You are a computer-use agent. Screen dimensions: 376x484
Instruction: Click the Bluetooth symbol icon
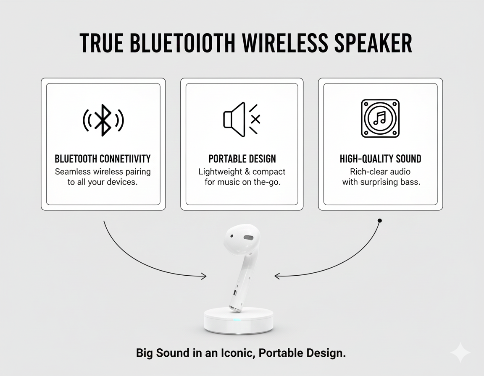(103, 120)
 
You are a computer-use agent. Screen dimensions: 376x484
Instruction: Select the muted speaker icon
(242, 120)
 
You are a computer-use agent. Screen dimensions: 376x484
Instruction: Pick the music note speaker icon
(380, 118)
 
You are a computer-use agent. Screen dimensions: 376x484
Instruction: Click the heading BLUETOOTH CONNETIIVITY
(103, 159)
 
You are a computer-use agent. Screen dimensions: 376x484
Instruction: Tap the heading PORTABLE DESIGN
(242, 159)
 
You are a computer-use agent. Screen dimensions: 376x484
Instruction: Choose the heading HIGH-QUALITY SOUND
(380, 159)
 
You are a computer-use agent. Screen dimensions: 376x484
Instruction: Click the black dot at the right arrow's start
(380, 220)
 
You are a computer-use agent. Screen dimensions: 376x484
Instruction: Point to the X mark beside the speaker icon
(255, 120)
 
